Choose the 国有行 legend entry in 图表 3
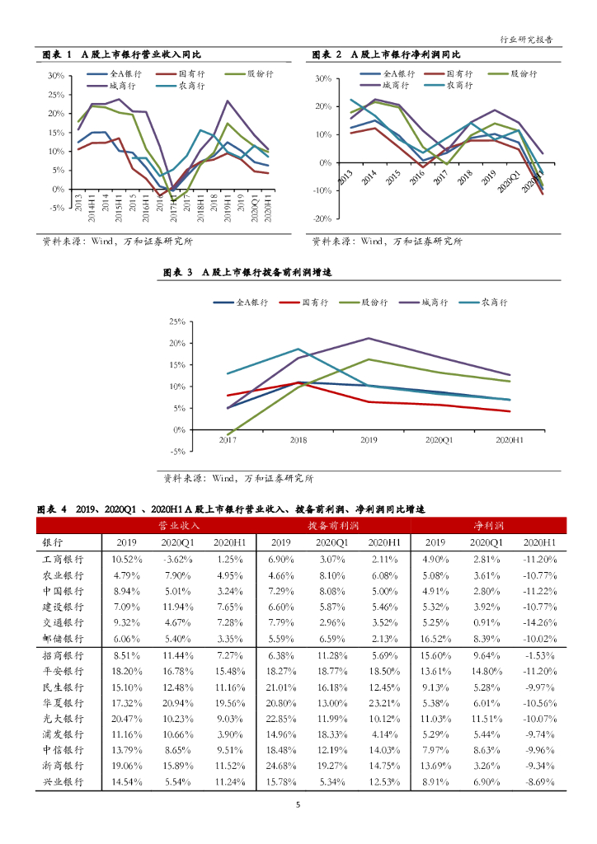(x=308, y=303)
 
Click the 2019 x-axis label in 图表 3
(x=369, y=440)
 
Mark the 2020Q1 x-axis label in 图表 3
(x=440, y=440)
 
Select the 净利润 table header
(x=489, y=525)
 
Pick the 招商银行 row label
(x=63, y=654)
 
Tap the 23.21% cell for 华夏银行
(x=384, y=701)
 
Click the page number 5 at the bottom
(x=298, y=807)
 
